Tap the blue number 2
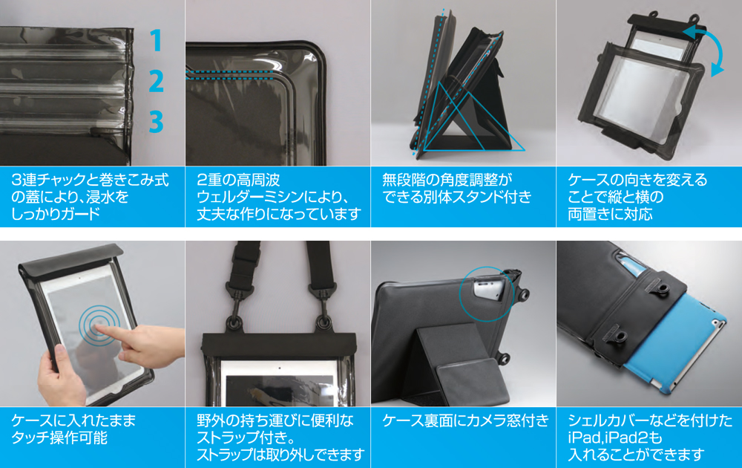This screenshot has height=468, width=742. [156, 81]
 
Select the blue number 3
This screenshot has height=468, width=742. [156, 122]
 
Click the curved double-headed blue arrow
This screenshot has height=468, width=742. [706, 48]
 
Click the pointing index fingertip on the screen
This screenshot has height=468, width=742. [101, 328]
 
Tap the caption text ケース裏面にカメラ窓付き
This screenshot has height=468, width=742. [465, 420]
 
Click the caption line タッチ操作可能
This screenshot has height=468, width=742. [59, 438]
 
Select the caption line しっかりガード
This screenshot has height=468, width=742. [56, 214]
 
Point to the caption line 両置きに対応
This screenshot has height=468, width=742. [610, 214]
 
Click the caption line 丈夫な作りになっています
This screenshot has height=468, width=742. [279, 214]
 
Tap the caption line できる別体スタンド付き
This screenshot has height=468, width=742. [456, 197]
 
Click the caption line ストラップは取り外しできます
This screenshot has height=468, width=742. [280, 455]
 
